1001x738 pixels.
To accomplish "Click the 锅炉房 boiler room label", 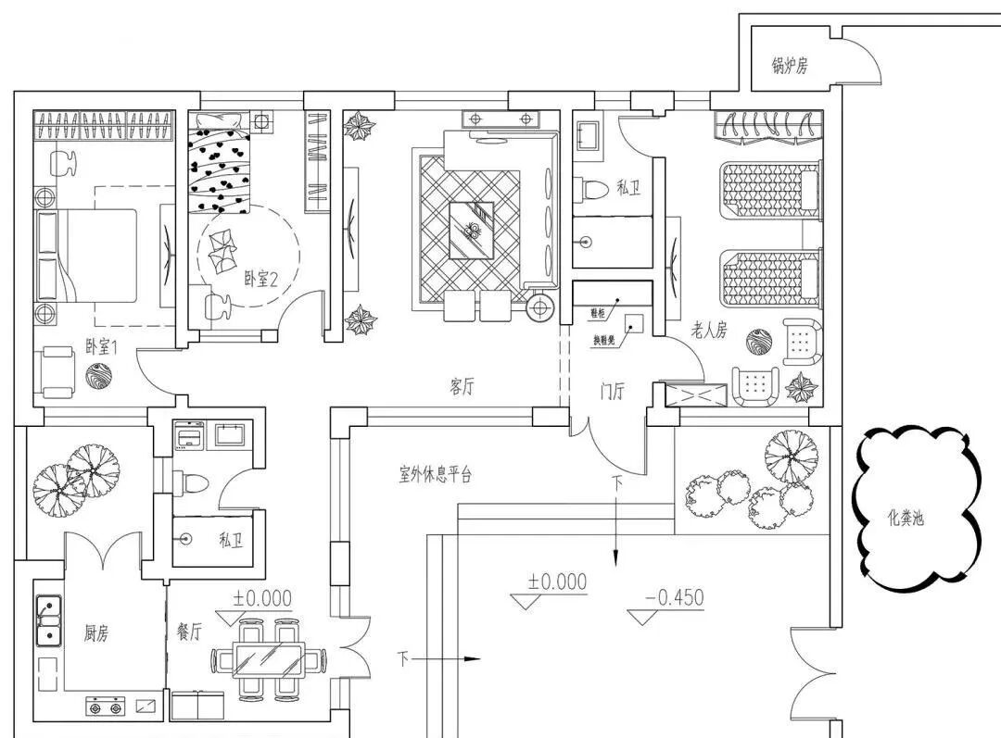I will pos(790,66).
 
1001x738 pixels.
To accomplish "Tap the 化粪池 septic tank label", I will pos(905,518).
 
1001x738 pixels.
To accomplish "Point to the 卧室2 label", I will pos(261,277).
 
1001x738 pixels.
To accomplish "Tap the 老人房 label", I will pos(709,330).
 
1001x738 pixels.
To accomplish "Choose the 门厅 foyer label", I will pos(611,392).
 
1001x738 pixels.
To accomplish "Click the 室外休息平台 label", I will pos(436,476).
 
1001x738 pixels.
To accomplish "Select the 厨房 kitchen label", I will pos(96,633).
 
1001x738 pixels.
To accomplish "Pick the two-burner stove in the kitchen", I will pos(104,707).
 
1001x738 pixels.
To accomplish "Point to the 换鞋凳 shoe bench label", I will pos(604,340).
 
